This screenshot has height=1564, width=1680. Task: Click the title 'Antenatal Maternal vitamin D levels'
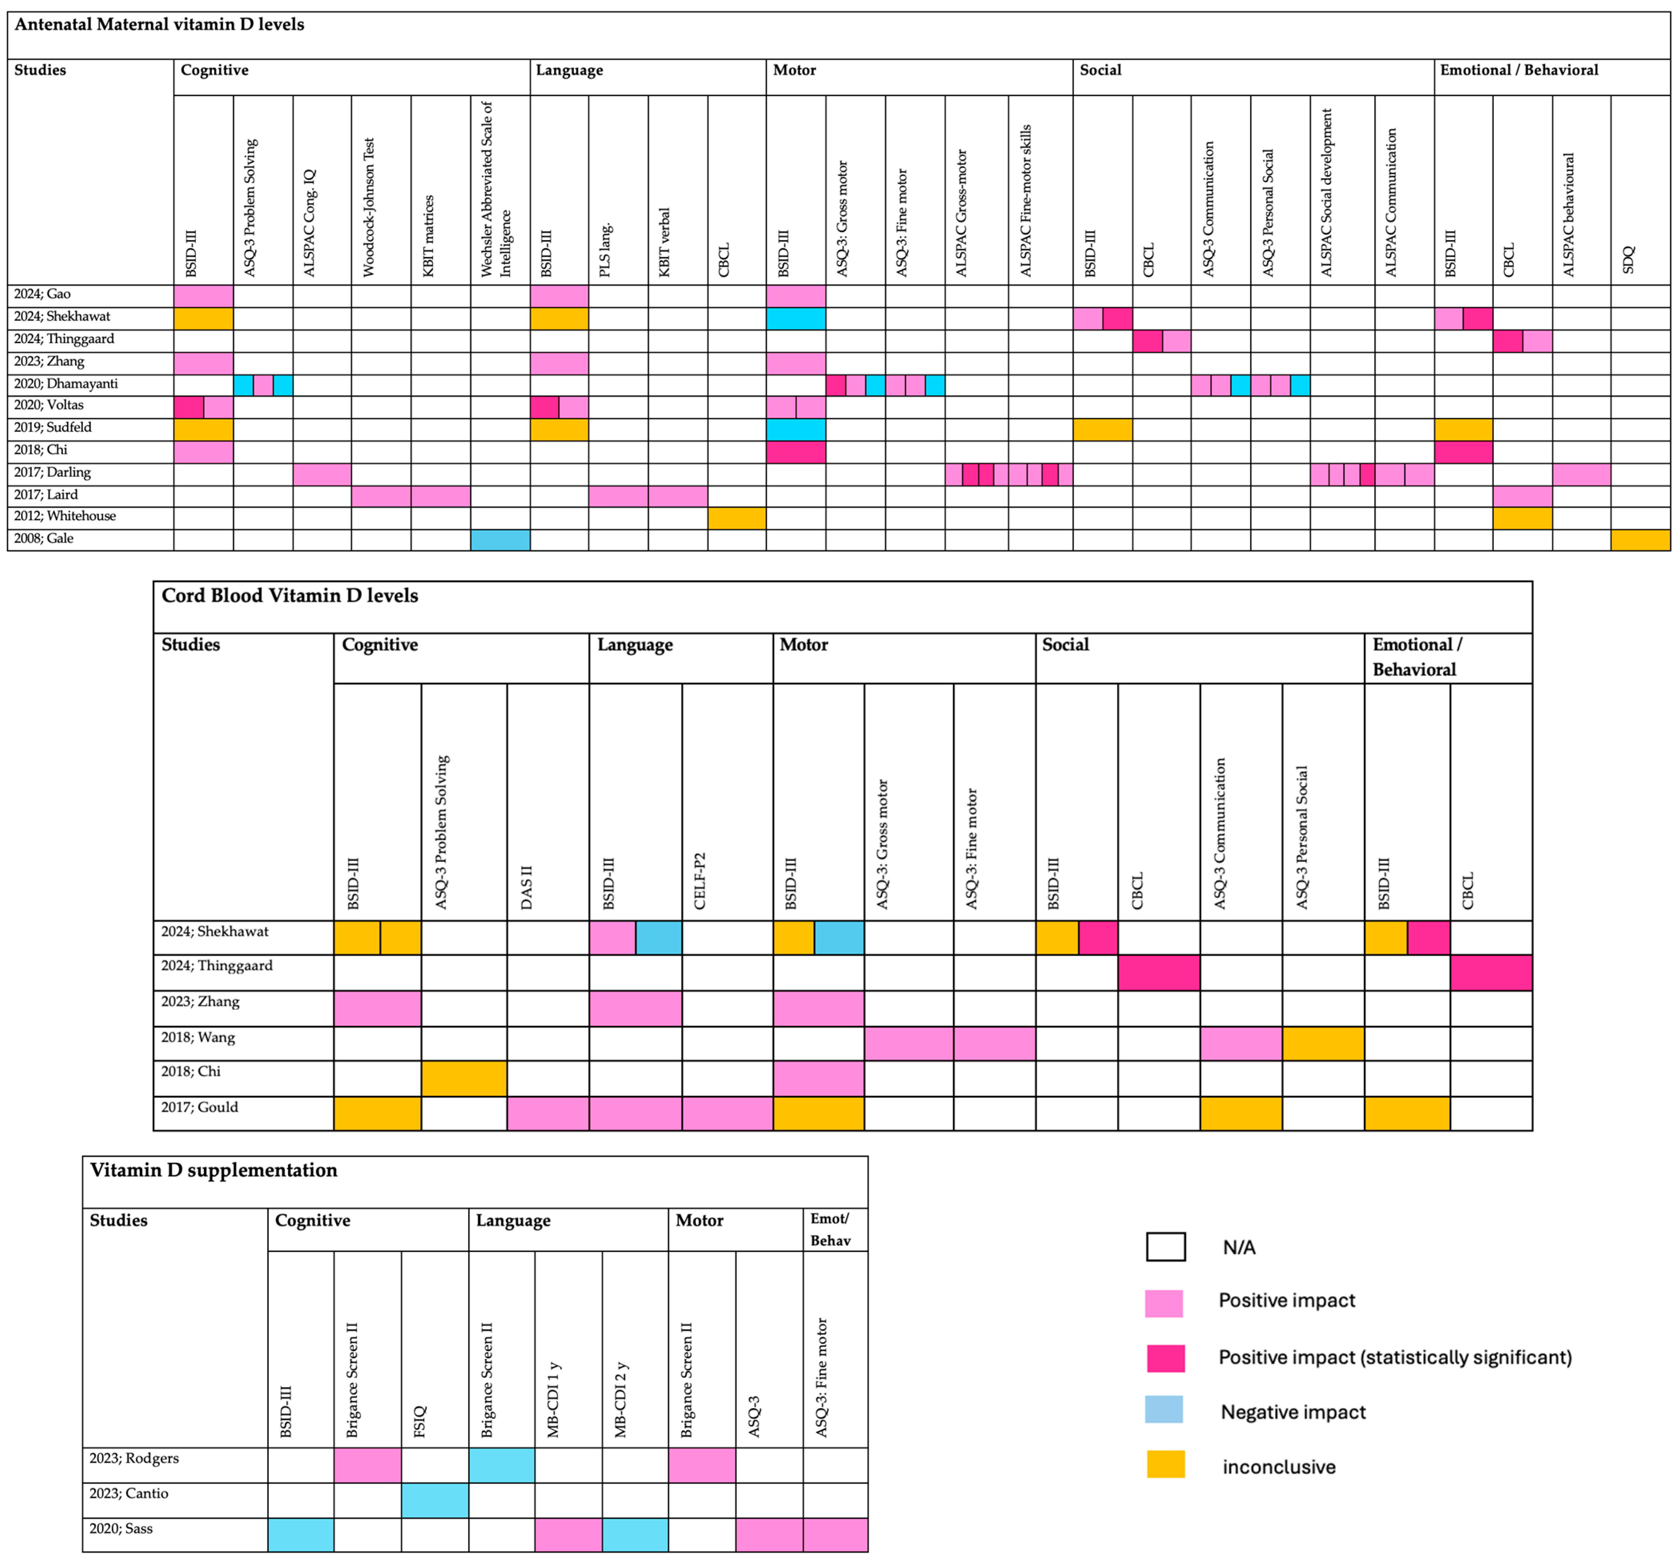pos(159,24)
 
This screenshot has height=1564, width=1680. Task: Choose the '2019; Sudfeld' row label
pos(52,428)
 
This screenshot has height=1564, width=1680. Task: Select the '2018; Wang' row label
pos(198,1037)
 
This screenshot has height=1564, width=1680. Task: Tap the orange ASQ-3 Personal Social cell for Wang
pos(1322,1043)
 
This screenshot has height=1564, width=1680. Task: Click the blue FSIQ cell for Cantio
pos(435,1500)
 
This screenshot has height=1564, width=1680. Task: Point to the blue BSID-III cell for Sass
pos(301,1534)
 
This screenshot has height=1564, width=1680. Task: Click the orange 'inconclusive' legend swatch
pos(1165,1463)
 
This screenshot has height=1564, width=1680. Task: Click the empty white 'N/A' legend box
pos(1165,1246)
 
